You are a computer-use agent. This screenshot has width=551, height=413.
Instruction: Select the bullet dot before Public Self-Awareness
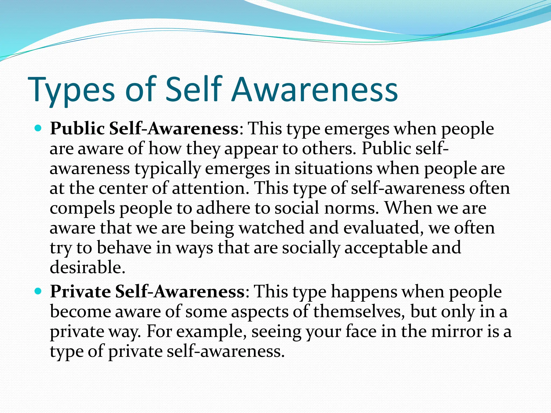coord(38,128)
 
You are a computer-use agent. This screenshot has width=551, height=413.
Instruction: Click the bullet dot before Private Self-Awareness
coord(38,291)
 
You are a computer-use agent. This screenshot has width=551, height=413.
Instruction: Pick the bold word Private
coord(80,291)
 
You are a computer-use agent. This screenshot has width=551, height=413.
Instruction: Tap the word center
coord(123,188)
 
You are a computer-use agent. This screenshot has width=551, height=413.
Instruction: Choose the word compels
coord(82,209)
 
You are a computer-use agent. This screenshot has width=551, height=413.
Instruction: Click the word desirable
coord(87,267)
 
